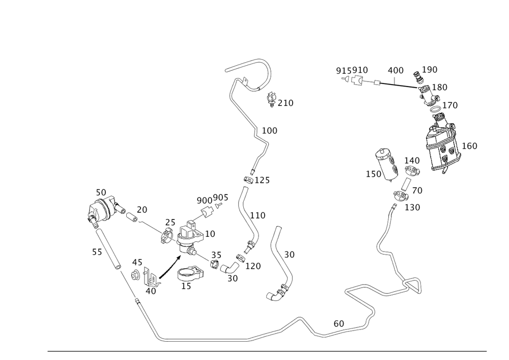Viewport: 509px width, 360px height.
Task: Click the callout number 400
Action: click(395, 70)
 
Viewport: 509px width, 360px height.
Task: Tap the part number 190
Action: click(430, 69)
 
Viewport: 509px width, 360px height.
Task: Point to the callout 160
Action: click(469, 146)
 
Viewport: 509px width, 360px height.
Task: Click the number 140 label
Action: click(412, 160)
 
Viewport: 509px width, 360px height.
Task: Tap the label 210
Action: click(286, 103)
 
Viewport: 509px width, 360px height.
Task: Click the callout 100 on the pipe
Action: click(269, 131)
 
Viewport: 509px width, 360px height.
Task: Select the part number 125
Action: click(262, 180)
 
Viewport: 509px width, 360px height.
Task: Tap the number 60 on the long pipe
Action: click(338, 323)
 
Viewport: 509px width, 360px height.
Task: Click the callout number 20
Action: click(142, 209)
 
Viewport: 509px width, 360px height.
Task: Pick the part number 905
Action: click(219, 198)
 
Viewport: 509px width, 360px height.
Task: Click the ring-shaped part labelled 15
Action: click(190, 275)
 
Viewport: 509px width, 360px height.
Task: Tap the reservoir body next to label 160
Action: click(442, 144)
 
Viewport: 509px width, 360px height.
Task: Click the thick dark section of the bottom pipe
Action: click(206, 340)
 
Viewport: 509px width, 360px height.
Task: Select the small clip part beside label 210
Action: click(272, 100)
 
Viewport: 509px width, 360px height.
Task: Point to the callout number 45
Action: click(137, 262)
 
